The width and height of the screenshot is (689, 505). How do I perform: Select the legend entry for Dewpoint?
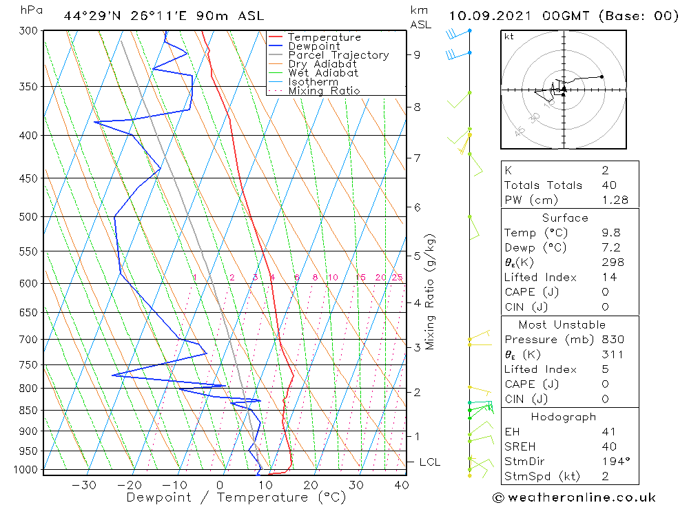point(313,46)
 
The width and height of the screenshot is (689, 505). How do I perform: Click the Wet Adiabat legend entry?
point(322,73)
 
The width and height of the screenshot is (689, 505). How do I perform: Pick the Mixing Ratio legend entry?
point(324,91)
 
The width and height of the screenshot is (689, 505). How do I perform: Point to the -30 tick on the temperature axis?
point(84,484)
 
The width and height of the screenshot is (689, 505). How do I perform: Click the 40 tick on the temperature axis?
point(401,484)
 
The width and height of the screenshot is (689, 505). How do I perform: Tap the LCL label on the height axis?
point(429,462)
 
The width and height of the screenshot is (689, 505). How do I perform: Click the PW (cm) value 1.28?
point(614,200)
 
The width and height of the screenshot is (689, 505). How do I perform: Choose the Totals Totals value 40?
point(608,185)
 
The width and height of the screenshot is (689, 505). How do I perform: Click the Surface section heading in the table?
point(565,218)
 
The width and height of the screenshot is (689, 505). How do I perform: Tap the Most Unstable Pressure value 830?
point(612,340)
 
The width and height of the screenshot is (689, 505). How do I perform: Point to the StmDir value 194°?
point(613,461)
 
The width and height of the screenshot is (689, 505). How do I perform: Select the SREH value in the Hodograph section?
point(608,446)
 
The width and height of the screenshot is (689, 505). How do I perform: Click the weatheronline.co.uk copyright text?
point(574,497)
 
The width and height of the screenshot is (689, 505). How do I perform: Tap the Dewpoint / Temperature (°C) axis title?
point(236,497)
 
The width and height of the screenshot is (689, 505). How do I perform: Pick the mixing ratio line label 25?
point(397,277)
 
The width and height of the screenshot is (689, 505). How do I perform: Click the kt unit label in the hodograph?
point(508,37)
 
